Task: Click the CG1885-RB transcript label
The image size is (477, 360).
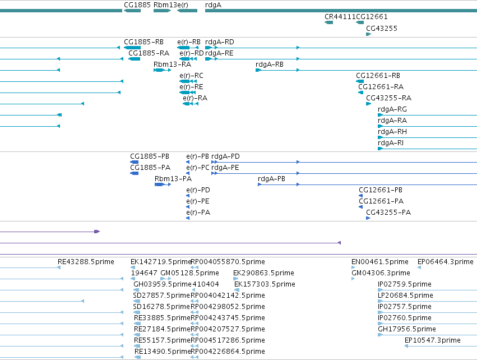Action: [143, 41]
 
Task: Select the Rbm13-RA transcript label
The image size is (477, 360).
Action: [172, 64]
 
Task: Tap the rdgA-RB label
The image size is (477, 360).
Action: [270, 64]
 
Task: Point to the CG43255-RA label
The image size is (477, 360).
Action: [388, 98]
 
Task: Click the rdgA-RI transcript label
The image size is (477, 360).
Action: [391, 143]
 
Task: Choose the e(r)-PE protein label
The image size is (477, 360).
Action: [198, 201]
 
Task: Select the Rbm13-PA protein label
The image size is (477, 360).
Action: [173, 179]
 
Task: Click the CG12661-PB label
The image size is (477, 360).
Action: [381, 190]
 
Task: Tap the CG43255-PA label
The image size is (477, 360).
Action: [388, 212]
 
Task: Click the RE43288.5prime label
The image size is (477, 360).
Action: [86, 262]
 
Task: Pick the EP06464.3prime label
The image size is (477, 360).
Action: [446, 262]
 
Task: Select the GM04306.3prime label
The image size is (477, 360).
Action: [381, 273]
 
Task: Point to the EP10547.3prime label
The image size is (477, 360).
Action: [433, 340]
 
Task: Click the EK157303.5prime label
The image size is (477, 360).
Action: [265, 284]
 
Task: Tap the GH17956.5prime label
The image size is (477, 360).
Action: [407, 329]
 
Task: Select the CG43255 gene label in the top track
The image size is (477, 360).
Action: [382, 28]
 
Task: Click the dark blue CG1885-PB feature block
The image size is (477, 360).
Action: [134, 162]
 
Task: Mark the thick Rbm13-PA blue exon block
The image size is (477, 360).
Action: [159, 184]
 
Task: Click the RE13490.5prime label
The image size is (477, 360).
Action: [163, 351]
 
